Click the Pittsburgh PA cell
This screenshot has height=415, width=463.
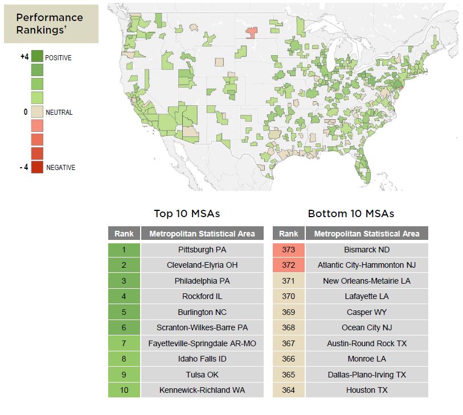point(202,250)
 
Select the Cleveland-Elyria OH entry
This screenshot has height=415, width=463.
point(202,265)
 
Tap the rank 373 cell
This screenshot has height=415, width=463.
point(289,250)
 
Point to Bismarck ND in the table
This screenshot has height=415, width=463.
point(367,250)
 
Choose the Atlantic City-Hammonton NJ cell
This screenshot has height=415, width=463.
point(367,265)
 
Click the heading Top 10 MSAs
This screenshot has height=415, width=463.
point(187,214)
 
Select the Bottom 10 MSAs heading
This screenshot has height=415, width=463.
point(351,214)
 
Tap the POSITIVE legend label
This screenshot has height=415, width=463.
point(58,58)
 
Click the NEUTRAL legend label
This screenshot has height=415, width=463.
point(59,113)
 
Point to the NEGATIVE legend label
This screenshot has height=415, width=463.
point(60,168)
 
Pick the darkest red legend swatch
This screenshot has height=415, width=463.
point(37,167)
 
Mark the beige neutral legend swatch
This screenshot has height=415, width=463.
point(37,112)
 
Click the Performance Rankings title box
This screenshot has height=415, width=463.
point(51,24)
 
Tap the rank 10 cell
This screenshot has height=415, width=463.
point(124,390)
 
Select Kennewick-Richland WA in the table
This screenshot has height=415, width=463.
point(202,390)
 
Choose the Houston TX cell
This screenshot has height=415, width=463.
point(367,390)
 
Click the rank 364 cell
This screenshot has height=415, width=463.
point(289,390)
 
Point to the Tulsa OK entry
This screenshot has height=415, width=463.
point(202,375)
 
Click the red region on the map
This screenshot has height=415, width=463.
point(251,32)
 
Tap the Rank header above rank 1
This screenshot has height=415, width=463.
point(124,234)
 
